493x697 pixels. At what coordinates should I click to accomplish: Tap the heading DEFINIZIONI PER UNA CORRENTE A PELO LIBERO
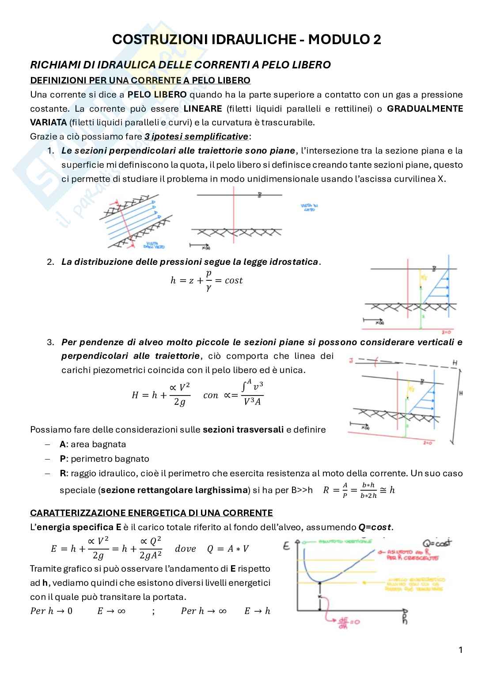140,80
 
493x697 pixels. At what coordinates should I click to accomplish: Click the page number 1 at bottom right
461,650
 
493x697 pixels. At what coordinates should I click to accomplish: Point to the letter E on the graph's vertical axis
287,546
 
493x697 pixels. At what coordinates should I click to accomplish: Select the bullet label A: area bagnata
93,444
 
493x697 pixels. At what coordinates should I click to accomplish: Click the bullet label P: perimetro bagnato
104,459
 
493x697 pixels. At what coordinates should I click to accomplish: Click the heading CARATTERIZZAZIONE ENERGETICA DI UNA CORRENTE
151,513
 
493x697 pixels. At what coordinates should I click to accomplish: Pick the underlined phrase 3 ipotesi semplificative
196,136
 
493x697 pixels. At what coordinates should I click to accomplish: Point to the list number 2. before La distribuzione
50,262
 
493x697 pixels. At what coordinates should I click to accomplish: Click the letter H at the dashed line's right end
455,363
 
